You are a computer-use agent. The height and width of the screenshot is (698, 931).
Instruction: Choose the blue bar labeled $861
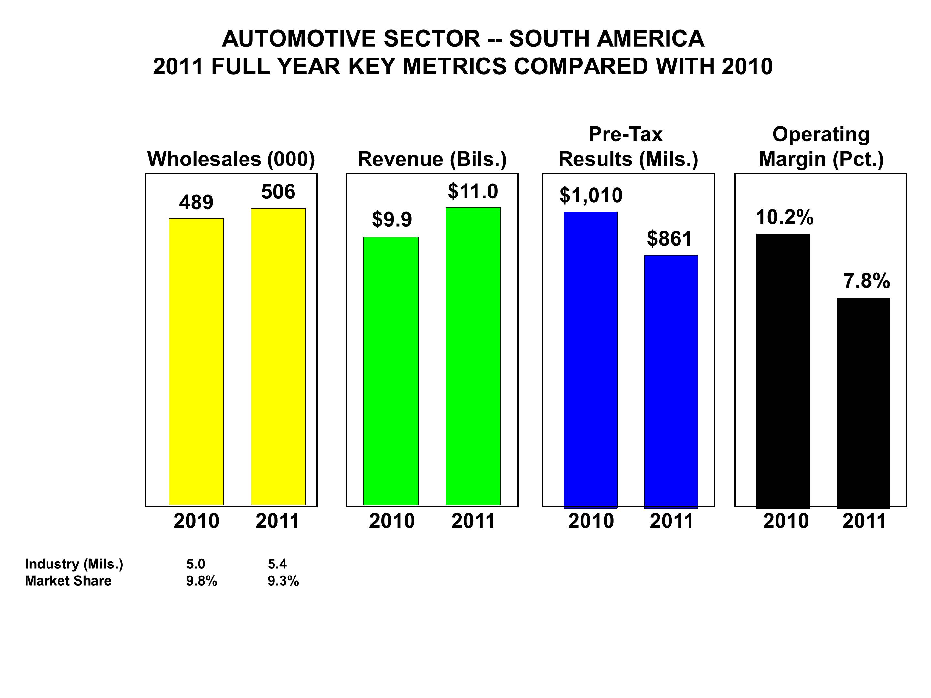[671, 381]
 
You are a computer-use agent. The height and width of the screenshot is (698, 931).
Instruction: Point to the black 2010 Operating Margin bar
[783, 371]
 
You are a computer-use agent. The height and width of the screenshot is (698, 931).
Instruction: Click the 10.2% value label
[785, 217]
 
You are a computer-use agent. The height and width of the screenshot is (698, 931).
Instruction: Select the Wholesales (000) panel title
[231, 159]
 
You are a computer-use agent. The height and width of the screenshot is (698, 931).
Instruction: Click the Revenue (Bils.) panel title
[432, 159]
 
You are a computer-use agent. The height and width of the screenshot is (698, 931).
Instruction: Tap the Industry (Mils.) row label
[74, 564]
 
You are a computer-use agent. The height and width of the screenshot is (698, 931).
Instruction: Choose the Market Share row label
[68, 581]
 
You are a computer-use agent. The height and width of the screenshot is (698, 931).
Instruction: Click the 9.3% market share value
[283, 581]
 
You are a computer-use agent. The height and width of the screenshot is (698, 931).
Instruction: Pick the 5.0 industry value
[196, 564]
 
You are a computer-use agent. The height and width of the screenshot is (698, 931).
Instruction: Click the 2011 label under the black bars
[864, 521]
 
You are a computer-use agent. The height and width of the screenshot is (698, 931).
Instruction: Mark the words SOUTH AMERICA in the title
[606, 39]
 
